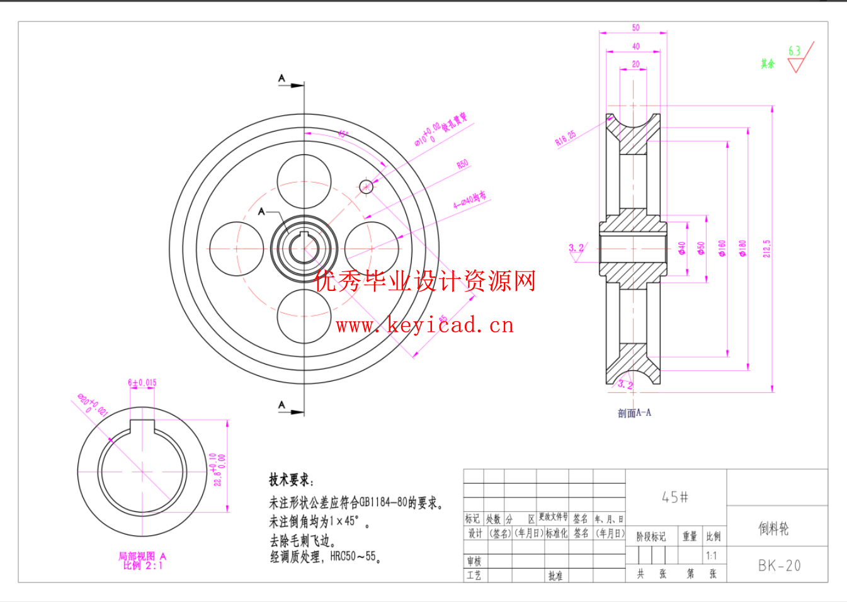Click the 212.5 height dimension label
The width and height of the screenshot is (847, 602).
(766, 248)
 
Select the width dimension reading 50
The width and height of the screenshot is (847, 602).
(635, 28)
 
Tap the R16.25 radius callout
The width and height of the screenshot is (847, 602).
(565, 139)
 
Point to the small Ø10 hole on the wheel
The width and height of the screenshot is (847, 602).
(366, 186)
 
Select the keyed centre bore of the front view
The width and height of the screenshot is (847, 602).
(304, 248)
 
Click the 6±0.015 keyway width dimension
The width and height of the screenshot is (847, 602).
(142, 382)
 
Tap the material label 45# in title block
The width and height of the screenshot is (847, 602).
(675, 497)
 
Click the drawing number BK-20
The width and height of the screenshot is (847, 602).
(779, 565)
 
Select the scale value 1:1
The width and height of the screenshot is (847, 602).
(712, 555)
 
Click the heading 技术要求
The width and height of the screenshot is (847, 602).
(290, 480)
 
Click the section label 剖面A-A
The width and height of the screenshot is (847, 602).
(634, 413)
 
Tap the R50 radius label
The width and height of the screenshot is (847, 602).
(462, 164)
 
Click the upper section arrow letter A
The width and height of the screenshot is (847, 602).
(281, 79)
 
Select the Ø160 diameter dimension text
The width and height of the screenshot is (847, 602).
(722, 248)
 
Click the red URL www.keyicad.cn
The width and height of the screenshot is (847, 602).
(425, 325)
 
